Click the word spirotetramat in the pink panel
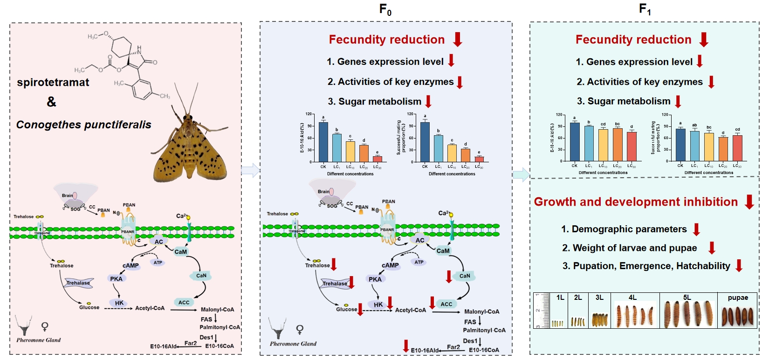click(53, 83)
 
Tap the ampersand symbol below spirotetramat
click(51, 102)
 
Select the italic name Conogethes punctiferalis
click(83, 125)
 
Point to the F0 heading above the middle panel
click(385, 9)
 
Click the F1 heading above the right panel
click(645, 9)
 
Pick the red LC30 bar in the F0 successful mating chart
click(479, 159)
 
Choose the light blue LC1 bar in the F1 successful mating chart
click(694, 146)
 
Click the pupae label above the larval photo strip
click(738, 298)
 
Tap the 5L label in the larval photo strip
click(687, 298)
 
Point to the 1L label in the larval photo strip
click(560, 298)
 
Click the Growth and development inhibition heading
click(636, 202)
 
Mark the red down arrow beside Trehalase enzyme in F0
click(351, 282)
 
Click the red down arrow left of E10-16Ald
click(406, 346)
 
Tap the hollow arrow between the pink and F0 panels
click(250, 170)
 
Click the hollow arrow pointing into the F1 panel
click(521, 174)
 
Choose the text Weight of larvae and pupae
click(629, 248)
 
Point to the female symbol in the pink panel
click(45, 326)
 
